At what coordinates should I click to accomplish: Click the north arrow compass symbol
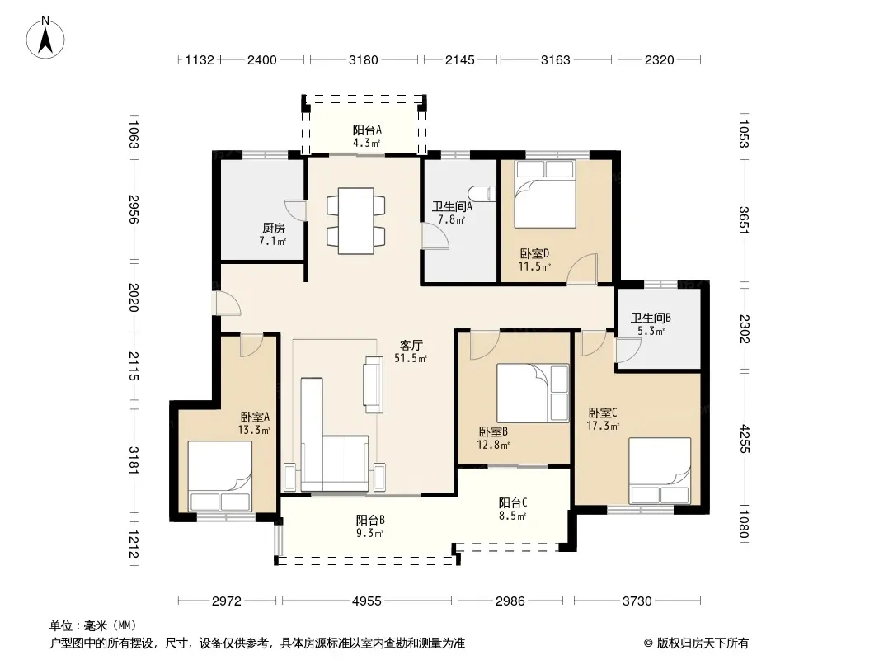pos(45,38)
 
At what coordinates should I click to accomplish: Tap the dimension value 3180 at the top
pos(364,60)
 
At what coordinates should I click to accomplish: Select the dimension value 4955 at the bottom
pos(367,601)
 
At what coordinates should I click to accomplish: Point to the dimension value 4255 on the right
pos(744,439)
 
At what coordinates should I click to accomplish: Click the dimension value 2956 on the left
pos(134,210)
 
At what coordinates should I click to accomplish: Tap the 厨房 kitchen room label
pos(274,229)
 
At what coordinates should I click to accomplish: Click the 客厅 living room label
pos(411,346)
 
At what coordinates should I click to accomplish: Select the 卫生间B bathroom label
pos(651,318)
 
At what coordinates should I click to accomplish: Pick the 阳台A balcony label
pos(367,130)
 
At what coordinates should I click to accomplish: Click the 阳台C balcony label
pos(513,503)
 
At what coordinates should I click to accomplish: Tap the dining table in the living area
pos(356,220)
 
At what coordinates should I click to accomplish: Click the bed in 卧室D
pos(545,194)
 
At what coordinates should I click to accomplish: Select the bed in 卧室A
pos(219,476)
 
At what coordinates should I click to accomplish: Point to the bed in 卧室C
pos(660,471)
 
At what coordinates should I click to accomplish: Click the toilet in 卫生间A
pos(484,193)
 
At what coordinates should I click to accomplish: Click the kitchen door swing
pos(295,210)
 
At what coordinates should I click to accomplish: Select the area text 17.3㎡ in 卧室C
pos(603,427)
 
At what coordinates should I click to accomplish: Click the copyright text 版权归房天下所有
pos(703,643)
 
